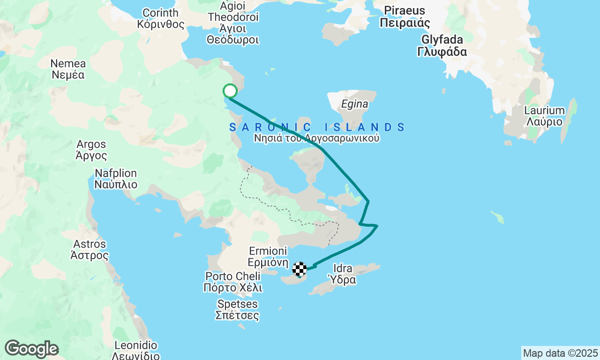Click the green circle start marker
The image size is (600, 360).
tap(230, 90)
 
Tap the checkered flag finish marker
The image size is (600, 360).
tap(300, 269)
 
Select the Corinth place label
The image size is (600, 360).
tap(161, 18)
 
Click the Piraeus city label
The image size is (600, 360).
tap(405, 16)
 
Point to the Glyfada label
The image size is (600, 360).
tap(442, 45)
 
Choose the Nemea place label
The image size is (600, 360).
tap(68, 68)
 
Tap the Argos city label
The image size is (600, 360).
tap(91, 150)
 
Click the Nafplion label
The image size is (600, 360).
tap(116, 179)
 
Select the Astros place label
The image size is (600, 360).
tap(90, 249)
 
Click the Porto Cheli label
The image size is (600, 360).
tap(233, 282)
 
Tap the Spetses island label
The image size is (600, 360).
tap(237, 309)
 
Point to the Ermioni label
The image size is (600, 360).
tap(268, 257)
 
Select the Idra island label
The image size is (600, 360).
tap(344, 274)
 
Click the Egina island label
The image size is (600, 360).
tap(355, 104)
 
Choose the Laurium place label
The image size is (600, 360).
tap(544, 116)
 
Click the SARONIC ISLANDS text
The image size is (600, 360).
tap(317, 127)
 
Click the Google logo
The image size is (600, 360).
tap(31, 349)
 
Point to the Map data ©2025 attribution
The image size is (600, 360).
tap(560, 353)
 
